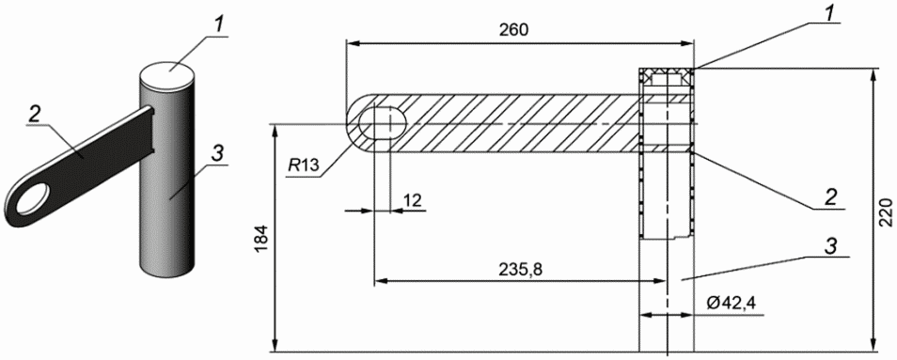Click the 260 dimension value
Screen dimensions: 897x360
[513, 30]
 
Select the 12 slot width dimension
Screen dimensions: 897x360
[413, 200]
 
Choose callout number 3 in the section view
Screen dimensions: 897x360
[831, 245]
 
